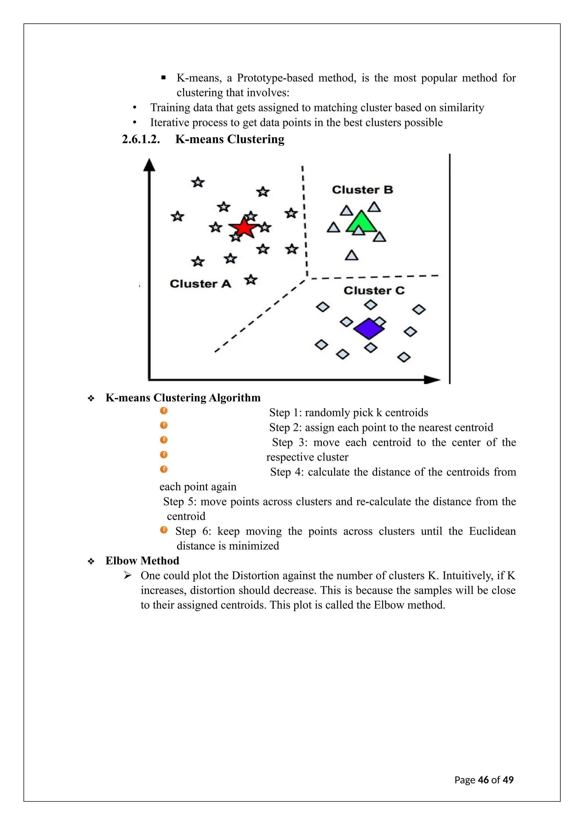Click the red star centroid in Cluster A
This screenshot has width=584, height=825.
pyautogui.click(x=244, y=227)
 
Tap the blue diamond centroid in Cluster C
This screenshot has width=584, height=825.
pyautogui.click(x=369, y=328)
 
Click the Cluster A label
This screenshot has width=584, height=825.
pyautogui.click(x=200, y=284)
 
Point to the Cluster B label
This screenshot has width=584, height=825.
pyautogui.click(x=362, y=190)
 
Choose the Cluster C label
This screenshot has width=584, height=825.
pyautogui.click(x=374, y=290)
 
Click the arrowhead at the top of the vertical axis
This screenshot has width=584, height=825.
pyautogui.click(x=149, y=165)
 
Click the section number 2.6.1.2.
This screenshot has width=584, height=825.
pyautogui.click(x=141, y=139)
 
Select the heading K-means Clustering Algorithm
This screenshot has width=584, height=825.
pyautogui.click(x=183, y=398)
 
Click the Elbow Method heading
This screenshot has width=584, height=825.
pyautogui.click(x=142, y=561)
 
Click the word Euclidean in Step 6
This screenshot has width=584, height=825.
pyautogui.click(x=492, y=531)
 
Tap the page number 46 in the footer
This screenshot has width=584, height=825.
pyautogui.click(x=483, y=780)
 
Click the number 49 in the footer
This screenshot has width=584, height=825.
pyautogui.click(x=508, y=780)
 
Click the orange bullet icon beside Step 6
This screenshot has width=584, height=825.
pyautogui.click(x=164, y=530)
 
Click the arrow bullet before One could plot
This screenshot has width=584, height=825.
pyautogui.click(x=127, y=575)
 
